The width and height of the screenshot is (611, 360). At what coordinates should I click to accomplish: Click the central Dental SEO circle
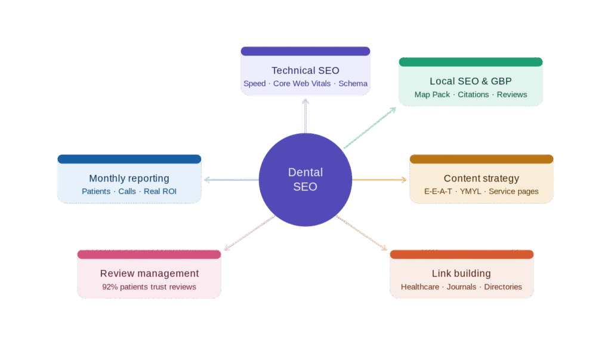coord(305,179)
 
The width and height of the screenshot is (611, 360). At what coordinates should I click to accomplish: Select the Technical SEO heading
coord(305,70)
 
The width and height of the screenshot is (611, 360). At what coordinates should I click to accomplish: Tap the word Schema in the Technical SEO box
coord(353,84)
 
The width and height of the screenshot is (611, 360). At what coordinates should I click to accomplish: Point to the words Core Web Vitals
coord(302,84)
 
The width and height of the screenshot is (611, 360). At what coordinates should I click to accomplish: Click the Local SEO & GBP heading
coord(471,81)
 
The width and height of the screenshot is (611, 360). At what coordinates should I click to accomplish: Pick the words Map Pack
coord(432,94)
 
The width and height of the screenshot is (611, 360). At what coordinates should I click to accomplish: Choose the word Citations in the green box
coord(473,94)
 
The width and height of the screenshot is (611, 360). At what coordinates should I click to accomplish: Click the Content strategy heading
coord(482,179)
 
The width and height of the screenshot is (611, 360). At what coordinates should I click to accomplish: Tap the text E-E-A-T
coord(438,192)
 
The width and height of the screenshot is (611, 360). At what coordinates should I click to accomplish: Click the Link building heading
coord(461,273)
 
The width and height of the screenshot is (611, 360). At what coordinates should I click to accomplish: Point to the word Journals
coord(461,287)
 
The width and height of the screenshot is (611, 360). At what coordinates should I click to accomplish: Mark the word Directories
coord(503,287)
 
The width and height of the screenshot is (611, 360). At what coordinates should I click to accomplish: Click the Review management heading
coord(149,273)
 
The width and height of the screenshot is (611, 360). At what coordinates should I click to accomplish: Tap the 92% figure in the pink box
coord(110,287)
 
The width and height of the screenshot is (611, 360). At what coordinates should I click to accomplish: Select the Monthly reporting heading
coord(129,179)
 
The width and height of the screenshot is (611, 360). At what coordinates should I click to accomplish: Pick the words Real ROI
coord(160,192)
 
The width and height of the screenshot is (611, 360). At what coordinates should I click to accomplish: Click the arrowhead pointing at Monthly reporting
coord(206,179)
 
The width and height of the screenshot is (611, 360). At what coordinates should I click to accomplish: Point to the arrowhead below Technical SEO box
coord(305,101)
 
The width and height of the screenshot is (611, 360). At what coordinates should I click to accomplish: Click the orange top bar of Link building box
coord(461,254)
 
